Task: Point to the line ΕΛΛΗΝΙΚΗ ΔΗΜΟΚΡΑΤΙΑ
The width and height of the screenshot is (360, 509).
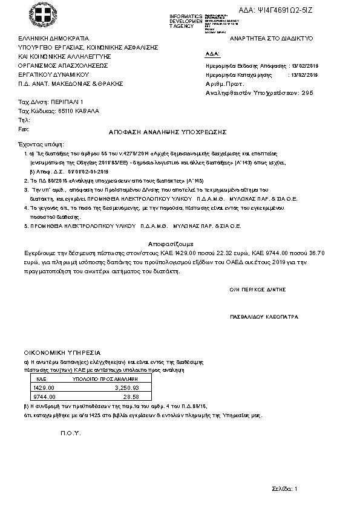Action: click(x=54, y=38)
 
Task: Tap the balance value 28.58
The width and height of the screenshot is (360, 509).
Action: click(x=131, y=397)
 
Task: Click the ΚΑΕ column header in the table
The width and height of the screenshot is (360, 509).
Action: click(x=42, y=377)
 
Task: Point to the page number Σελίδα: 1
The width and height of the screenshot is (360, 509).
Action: click(x=283, y=488)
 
